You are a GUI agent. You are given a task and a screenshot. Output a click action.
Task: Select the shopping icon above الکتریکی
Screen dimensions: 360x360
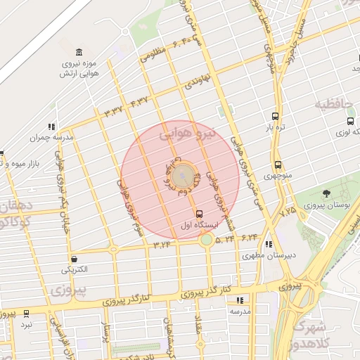(x=74, y=258)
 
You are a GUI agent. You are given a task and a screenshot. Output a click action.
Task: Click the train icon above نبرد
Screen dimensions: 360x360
(x=27, y=314)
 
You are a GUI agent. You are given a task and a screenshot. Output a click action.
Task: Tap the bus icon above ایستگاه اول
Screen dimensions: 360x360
(x=199, y=213)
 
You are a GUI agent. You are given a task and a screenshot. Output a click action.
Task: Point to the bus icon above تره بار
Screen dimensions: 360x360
(x=274, y=117)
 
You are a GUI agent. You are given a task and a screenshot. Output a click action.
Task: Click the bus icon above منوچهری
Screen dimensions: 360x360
(x=278, y=164)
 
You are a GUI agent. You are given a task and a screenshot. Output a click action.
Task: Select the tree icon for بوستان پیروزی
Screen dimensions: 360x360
(x=326, y=193)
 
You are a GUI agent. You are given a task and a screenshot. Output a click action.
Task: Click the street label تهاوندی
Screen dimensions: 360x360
(x=199, y=82)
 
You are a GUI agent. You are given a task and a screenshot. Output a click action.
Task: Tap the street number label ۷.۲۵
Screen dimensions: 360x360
(x=288, y=210)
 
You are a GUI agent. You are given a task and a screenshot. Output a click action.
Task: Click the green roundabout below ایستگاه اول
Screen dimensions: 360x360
(x=206, y=240)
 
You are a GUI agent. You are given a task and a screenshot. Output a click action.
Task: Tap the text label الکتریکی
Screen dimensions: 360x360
(x=75, y=270)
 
